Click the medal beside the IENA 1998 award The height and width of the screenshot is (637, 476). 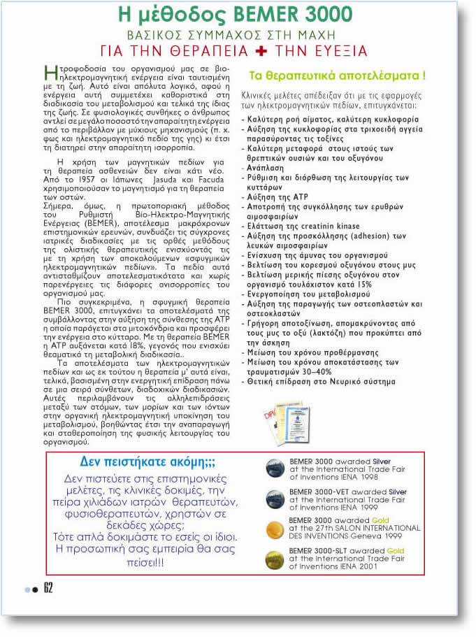point(275,468)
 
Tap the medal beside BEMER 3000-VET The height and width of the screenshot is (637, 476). point(275,498)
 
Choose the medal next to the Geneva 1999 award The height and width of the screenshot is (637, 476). point(275,529)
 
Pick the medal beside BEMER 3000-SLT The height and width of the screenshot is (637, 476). point(275,559)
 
